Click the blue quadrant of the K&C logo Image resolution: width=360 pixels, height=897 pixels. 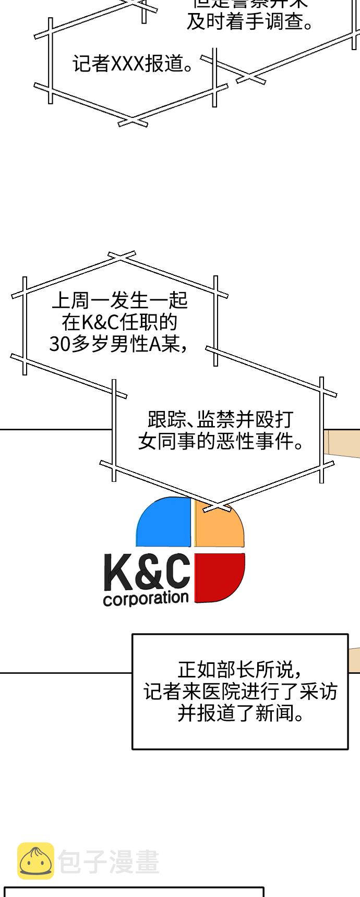164,524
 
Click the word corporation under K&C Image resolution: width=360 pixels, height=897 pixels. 146,598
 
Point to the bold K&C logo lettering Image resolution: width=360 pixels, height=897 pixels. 147,573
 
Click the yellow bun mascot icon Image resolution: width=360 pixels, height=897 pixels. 35,861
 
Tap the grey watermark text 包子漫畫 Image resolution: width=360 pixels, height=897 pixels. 109,862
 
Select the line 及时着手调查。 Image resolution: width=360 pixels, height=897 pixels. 250,22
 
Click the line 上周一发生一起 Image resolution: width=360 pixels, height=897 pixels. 119,300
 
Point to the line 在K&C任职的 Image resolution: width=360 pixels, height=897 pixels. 119,322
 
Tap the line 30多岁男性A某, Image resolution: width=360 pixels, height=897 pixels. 119,344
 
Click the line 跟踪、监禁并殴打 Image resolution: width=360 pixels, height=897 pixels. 221,419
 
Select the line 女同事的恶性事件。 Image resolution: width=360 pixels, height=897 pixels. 221,442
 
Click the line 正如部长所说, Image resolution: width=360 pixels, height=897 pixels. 239,669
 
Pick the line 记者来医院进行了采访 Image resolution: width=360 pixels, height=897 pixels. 240,692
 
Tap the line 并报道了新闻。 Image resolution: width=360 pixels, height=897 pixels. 240,713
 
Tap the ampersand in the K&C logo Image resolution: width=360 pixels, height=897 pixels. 149,573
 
